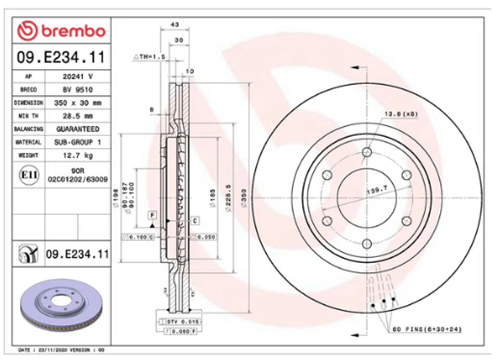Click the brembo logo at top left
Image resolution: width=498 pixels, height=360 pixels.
[61, 31]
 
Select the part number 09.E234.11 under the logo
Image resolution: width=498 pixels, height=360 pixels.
[61, 58]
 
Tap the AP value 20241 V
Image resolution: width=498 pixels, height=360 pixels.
[78, 76]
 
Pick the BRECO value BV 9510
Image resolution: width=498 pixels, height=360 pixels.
[78, 90]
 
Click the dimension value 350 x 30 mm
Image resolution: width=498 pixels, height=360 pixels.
[78, 103]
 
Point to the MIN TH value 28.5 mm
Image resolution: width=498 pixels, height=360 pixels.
[78, 116]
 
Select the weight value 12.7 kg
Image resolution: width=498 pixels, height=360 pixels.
[78, 155]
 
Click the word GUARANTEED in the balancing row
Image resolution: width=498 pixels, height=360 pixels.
[78, 129]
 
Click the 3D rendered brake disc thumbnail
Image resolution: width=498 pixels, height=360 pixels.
[61, 307]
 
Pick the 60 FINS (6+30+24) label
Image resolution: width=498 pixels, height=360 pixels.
[427, 330]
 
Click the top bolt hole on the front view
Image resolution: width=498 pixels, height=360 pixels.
[367, 153]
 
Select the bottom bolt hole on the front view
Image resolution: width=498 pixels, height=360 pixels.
[367, 243]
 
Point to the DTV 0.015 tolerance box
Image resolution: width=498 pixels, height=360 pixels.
[183, 321]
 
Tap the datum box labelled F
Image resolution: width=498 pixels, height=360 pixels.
[152, 214]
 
